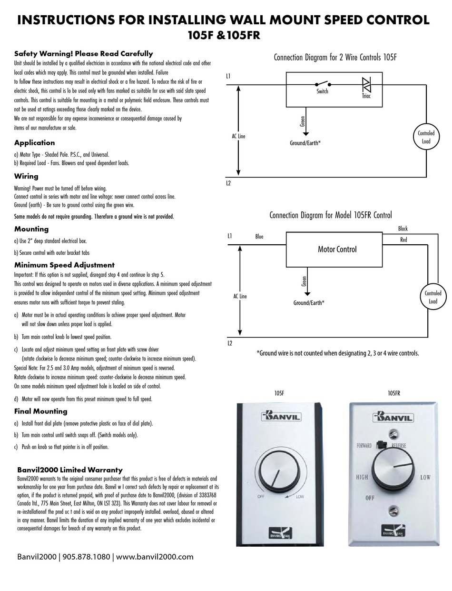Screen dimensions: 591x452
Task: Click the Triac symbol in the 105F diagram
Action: coord(366,85)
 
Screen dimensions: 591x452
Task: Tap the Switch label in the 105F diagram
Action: coord(322,91)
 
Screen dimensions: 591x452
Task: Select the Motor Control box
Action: coord(337,249)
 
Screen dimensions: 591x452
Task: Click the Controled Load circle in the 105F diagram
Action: coord(426,137)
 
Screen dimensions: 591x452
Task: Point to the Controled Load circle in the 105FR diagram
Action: coord(433,297)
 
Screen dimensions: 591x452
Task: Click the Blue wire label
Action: coord(259,237)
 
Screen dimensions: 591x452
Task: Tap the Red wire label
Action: coord(403,240)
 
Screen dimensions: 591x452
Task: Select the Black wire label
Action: coord(403,229)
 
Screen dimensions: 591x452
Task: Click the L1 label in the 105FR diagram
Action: coord(230,236)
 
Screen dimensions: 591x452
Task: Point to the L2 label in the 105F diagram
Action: coord(228,183)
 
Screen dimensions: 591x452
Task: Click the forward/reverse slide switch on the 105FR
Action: coord(381,444)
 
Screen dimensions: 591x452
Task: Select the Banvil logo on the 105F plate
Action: coord(280,416)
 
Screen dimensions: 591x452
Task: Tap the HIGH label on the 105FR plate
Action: coord(362,477)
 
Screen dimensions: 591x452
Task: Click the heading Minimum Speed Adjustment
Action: coord(64,265)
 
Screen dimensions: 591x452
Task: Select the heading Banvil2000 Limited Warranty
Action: coord(69,470)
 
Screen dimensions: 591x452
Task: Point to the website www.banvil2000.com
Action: coord(155,556)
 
